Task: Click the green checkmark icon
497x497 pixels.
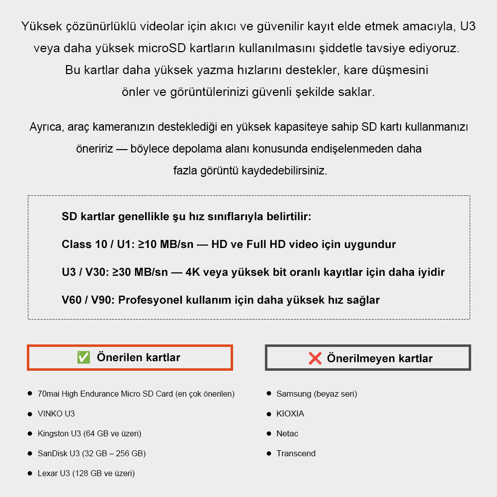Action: tap(83, 357)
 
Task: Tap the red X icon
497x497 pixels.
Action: tap(315, 358)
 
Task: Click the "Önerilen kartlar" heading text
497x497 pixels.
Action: tap(139, 357)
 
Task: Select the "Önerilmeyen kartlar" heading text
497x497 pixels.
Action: tap(380, 358)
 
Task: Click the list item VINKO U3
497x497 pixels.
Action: tap(56, 414)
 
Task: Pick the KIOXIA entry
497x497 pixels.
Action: tap(290, 414)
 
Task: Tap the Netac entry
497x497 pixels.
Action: tap(287, 433)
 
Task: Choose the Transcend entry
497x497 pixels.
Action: tap(296, 453)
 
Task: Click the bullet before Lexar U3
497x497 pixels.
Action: tap(30, 473)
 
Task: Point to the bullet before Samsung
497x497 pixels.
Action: tap(269, 393)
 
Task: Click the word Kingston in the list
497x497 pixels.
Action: tap(53, 433)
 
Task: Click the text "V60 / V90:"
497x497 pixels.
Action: tap(88, 300)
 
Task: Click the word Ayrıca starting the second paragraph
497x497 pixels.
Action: tap(45, 127)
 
